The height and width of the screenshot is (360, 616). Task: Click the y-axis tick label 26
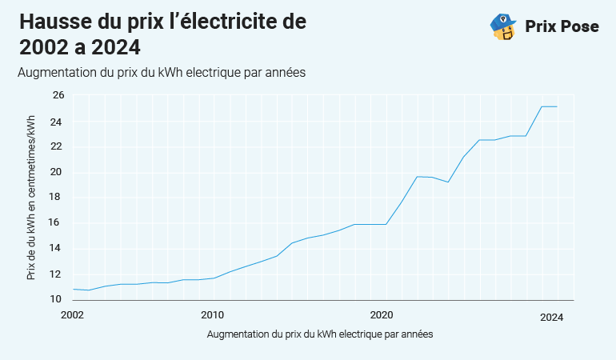point(58,95)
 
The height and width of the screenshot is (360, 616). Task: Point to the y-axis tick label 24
point(58,122)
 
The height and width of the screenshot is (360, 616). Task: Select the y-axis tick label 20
point(58,173)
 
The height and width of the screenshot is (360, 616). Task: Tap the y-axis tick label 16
point(58,223)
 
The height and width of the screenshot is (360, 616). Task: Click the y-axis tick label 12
point(58,274)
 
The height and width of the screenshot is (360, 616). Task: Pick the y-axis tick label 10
point(58,299)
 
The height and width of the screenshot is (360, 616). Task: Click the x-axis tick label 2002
point(72,315)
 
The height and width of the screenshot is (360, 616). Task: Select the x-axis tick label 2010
point(212,315)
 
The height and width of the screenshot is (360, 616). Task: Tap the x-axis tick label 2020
point(381,315)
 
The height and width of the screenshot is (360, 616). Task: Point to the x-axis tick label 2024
point(552,318)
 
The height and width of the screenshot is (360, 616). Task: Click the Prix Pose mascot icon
point(502,26)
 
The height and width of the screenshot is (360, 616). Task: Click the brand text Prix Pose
point(562,26)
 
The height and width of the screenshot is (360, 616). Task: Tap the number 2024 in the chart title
point(114,47)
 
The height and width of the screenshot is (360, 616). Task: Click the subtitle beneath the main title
point(162,72)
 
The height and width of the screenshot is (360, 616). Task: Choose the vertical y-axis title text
point(31,196)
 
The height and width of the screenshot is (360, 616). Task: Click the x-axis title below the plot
point(319,334)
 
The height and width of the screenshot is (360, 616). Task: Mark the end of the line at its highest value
point(557,106)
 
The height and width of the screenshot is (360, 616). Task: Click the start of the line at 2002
point(73,289)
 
